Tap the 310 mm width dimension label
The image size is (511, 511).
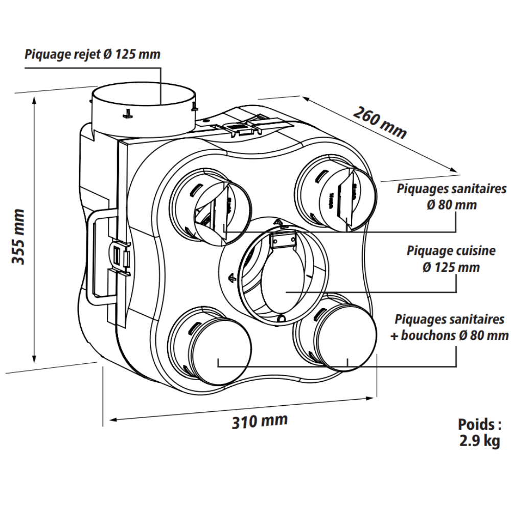coord(260,421)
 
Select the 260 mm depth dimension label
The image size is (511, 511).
coord(380,122)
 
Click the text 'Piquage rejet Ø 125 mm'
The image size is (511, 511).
coord(92,54)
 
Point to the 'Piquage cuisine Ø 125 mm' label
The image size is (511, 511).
coord(451,259)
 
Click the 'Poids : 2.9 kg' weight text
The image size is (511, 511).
coord(479,433)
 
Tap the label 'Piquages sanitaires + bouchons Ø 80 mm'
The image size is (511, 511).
coord(450,327)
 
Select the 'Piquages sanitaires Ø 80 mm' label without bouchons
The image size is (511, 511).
coord(451,197)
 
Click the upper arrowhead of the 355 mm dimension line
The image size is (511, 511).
coord(34,100)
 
